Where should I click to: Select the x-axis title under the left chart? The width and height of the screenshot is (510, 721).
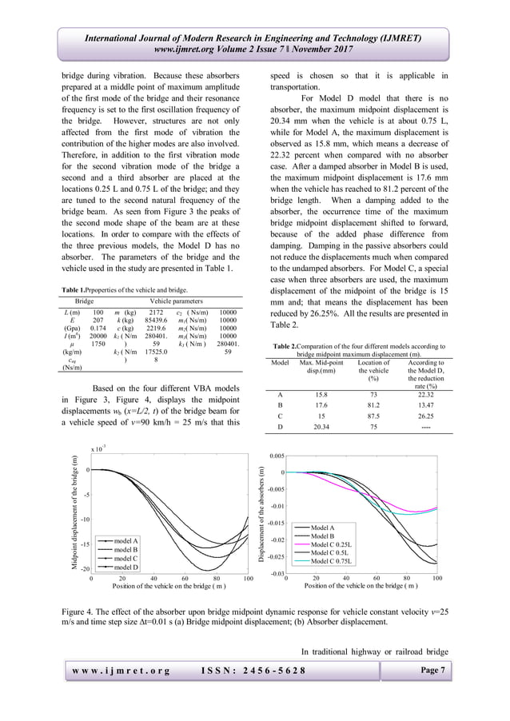(x=169, y=586)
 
